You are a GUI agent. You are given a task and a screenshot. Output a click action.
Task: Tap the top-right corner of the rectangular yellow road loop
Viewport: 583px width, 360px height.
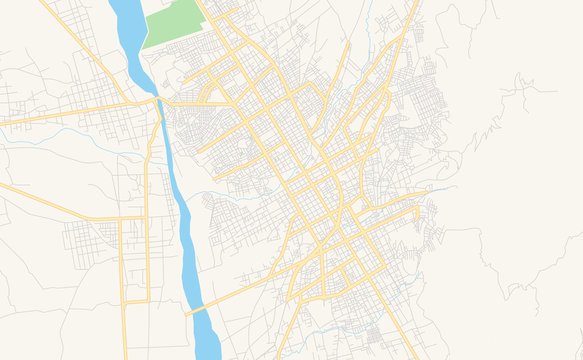coord(146,217)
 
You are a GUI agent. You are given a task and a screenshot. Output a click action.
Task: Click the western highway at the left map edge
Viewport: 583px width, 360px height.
coord(4,124)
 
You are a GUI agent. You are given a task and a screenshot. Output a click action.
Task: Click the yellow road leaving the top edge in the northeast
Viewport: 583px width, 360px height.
coord(412,6)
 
